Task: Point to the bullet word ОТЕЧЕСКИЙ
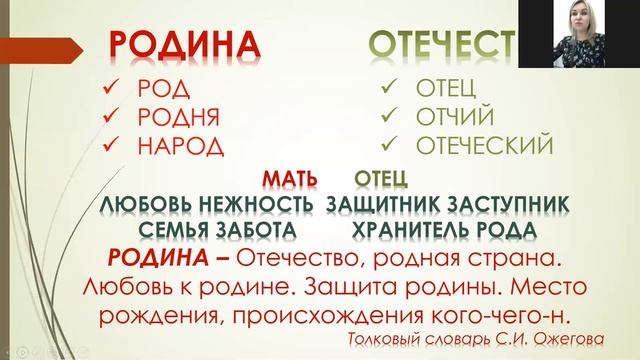[483, 146]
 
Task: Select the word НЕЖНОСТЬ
[259, 205]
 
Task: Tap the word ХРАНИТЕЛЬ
[421, 230]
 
